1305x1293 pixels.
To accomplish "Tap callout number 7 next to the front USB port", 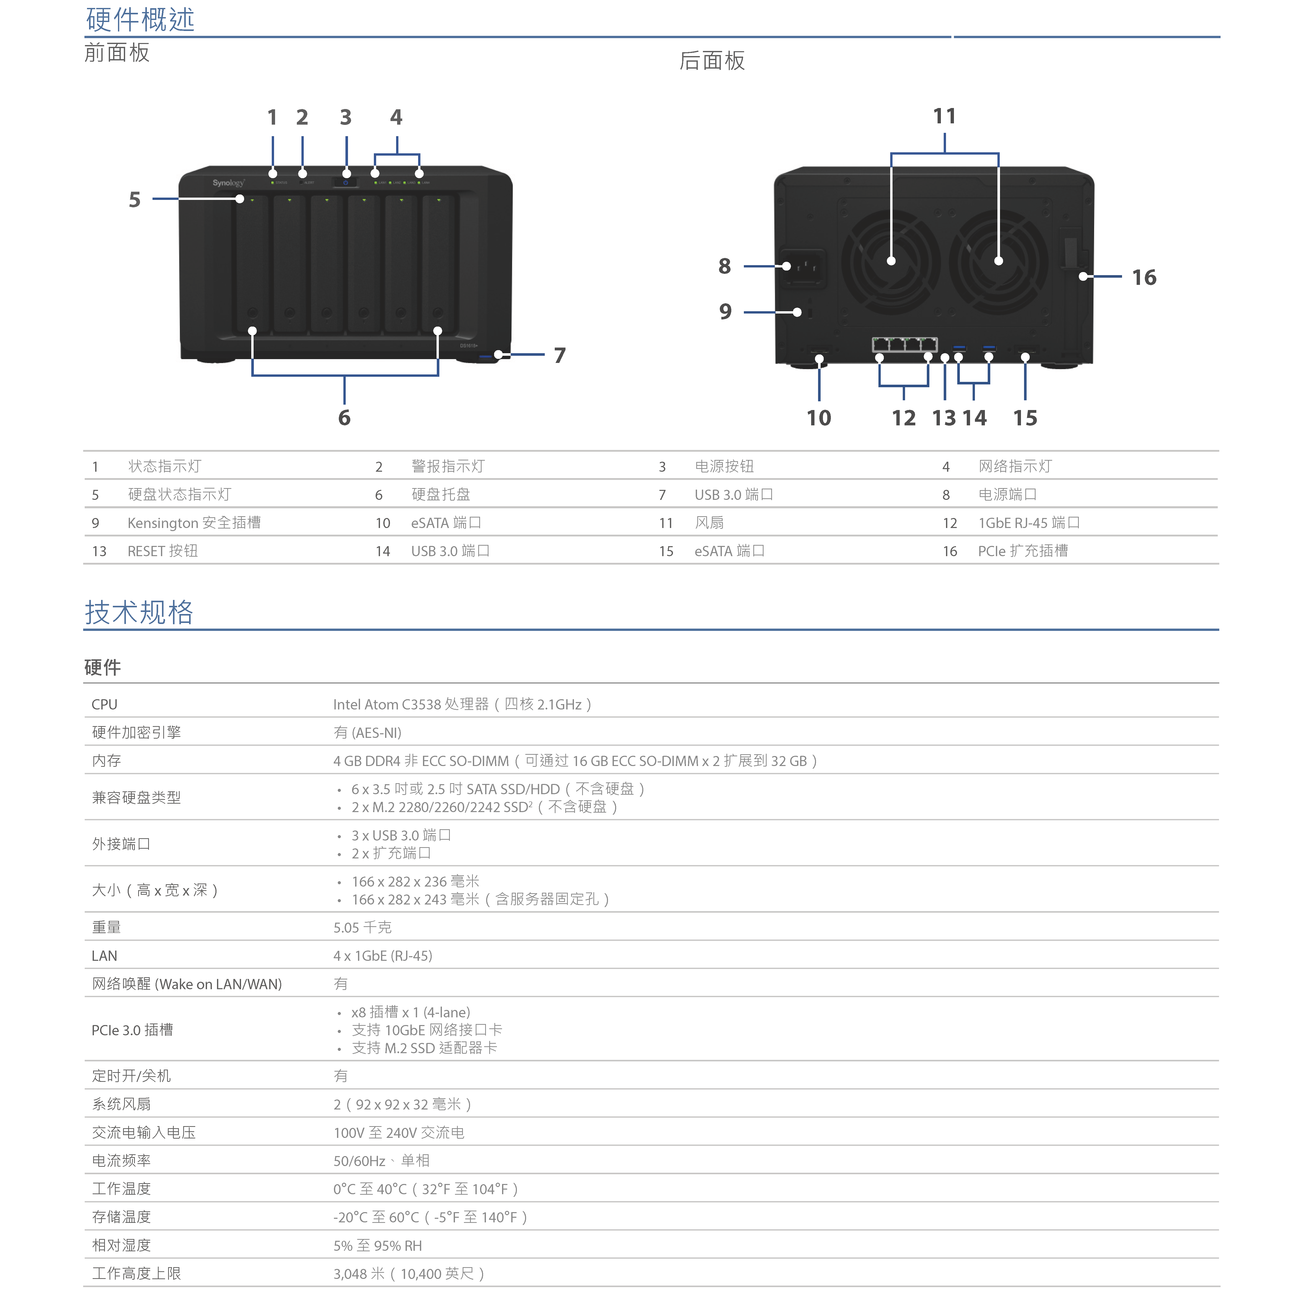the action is (x=559, y=355).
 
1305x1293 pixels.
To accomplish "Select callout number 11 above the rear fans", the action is (x=944, y=116).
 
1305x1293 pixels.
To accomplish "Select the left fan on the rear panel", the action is (x=891, y=261).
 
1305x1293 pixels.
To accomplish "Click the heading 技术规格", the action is (x=139, y=613).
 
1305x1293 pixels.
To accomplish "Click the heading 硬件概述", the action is (x=140, y=20).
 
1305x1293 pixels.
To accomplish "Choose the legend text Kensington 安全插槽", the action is (x=194, y=523).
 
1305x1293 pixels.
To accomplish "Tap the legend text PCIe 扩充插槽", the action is (x=1023, y=551).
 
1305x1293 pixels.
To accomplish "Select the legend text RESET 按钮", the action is (x=163, y=551).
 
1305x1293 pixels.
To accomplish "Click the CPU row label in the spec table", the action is (x=105, y=705).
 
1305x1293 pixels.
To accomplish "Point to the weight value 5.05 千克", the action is (x=362, y=928).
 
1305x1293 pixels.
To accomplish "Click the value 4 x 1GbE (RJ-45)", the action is (x=382, y=956).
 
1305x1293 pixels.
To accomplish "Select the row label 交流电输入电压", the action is (x=144, y=1133).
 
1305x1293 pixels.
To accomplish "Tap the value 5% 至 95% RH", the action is (x=378, y=1246).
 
